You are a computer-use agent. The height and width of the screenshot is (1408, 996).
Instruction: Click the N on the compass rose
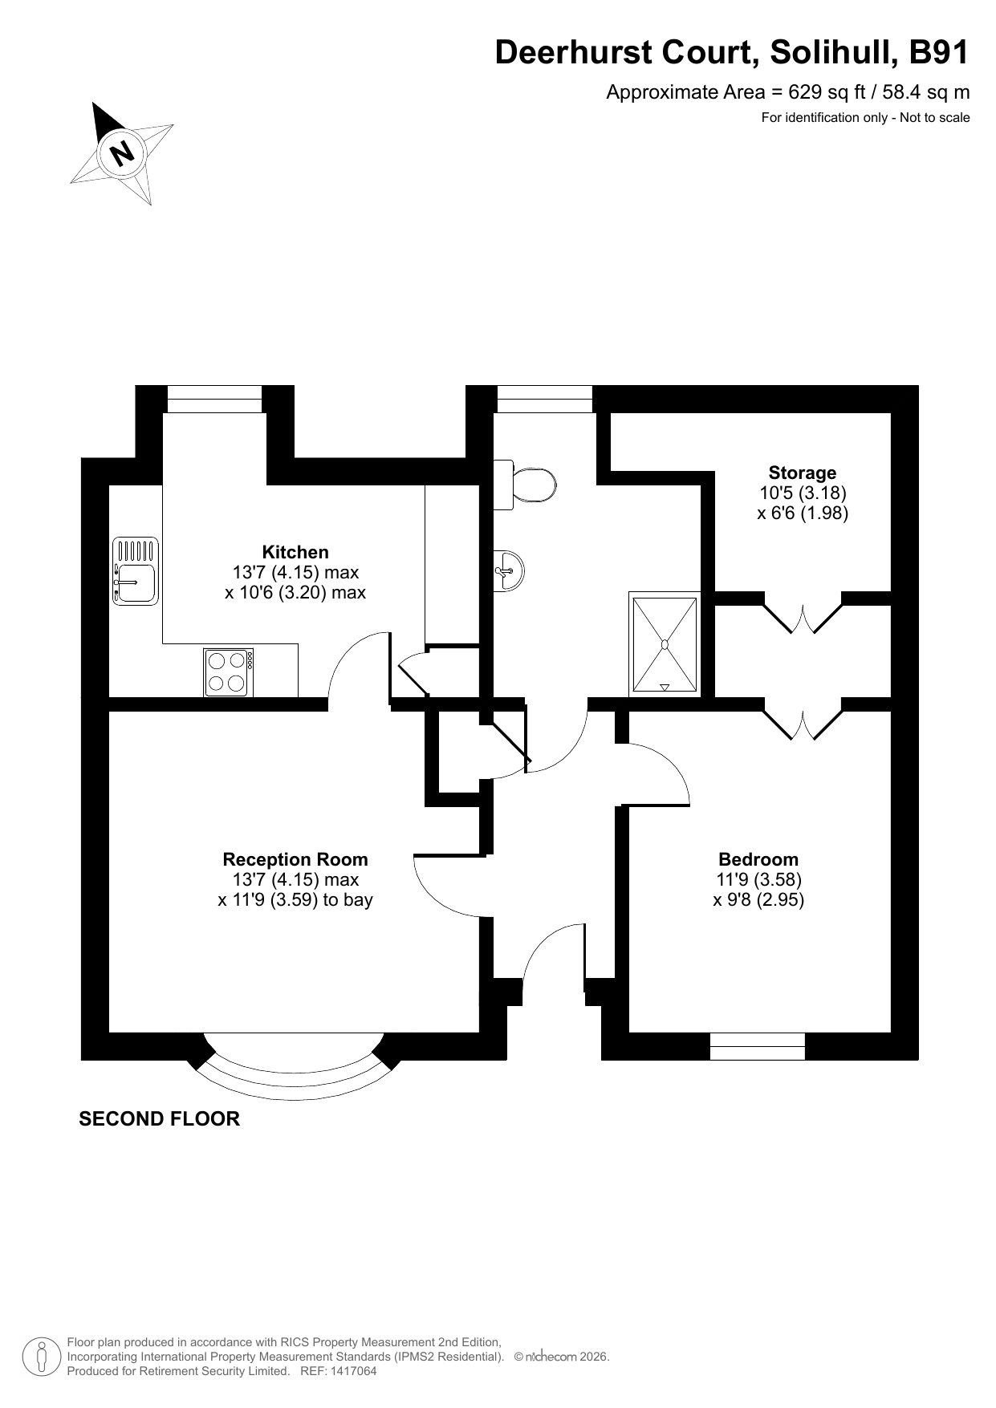122,152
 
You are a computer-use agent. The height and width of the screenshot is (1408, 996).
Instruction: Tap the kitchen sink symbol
136,571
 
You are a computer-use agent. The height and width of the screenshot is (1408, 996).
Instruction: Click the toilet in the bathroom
525,485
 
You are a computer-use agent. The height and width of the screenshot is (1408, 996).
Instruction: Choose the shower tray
665,643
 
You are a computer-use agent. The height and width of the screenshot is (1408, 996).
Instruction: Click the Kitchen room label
295,552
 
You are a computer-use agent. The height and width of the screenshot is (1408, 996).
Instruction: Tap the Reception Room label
295,859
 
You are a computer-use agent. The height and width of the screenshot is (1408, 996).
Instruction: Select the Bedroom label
758,859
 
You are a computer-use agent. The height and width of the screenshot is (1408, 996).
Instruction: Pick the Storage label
803,473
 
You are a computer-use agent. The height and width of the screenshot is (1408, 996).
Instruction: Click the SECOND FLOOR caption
159,1118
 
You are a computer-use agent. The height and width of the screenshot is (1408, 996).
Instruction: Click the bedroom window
758,1046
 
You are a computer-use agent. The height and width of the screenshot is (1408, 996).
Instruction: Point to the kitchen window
215,399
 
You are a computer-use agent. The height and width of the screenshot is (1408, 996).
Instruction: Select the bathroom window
545,399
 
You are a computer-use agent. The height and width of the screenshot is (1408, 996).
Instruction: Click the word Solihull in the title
834,53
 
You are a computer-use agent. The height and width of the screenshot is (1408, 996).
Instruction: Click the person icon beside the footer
42,1356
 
